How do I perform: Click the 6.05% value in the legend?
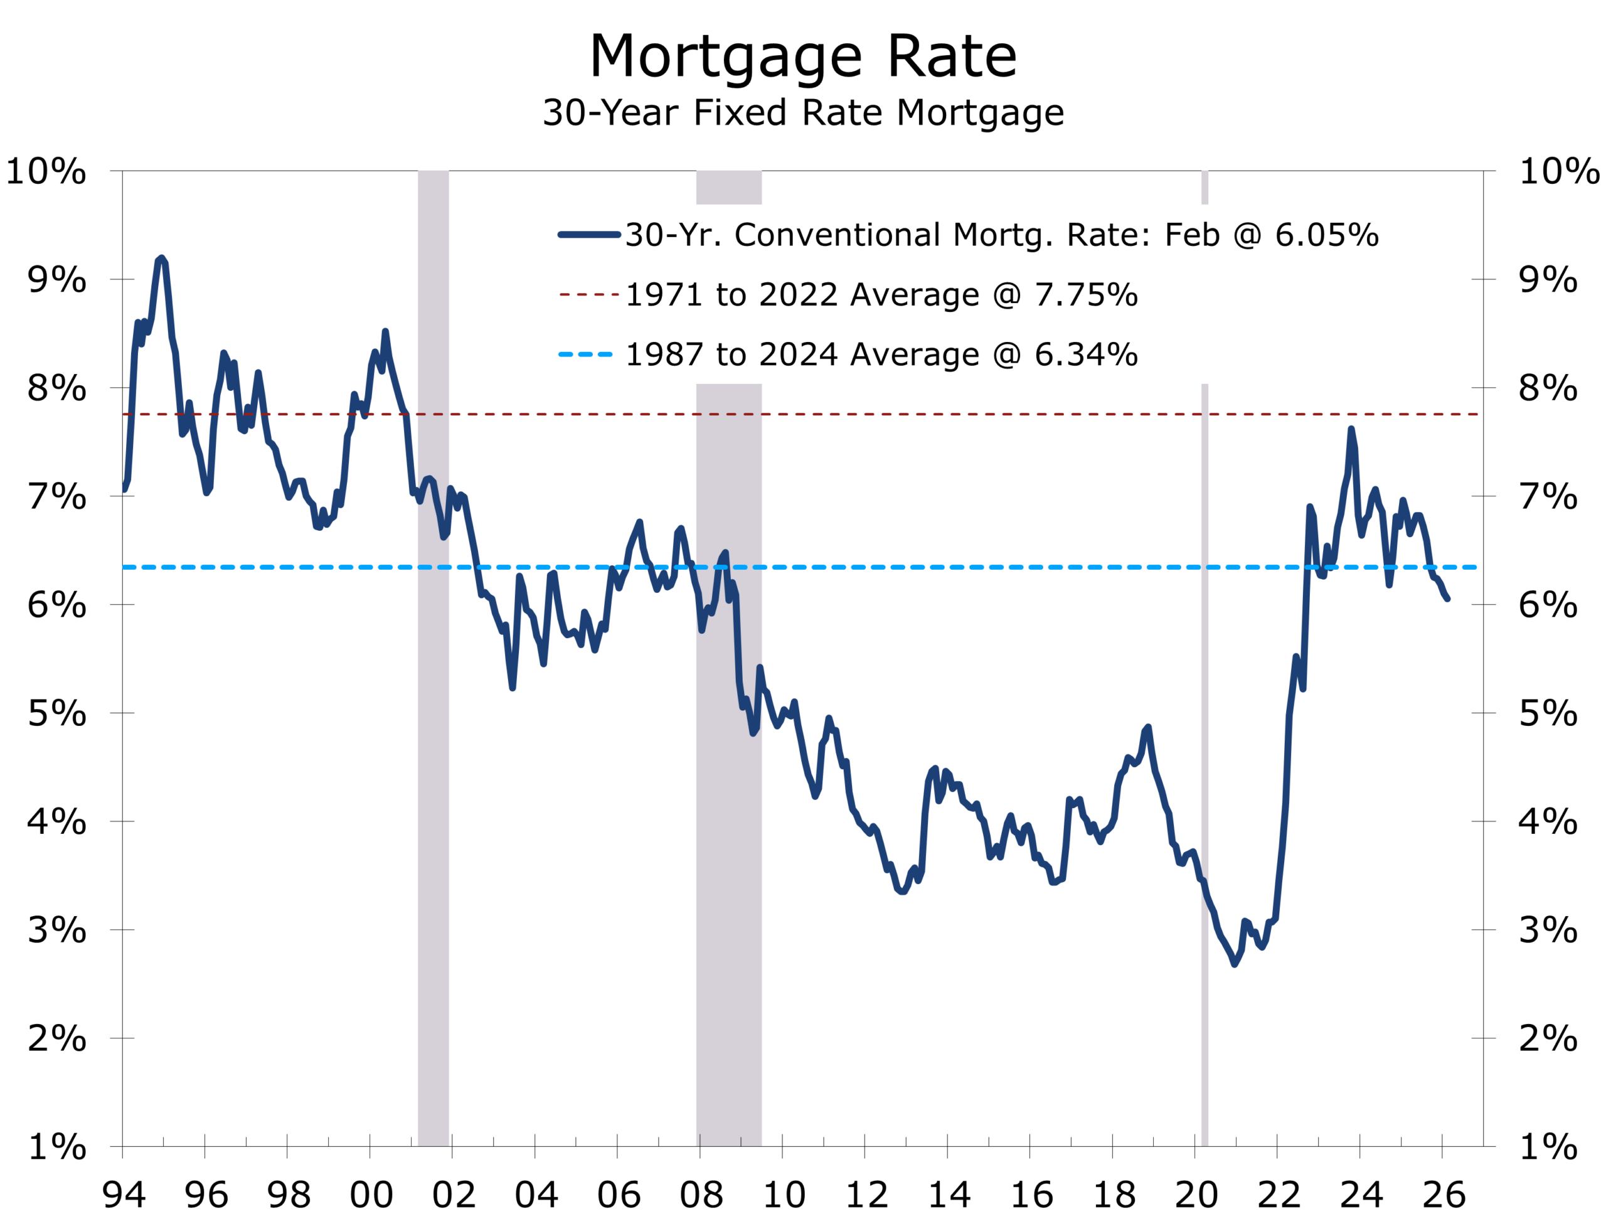pos(1327,235)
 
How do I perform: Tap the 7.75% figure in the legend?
pos(1086,296)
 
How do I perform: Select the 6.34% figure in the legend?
pos(1086,355)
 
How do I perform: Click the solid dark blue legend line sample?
pos(589,235)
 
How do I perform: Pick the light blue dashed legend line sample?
pos(585,355)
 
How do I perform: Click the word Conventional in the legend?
pos(838,235)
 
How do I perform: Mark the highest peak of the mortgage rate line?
pos(161,258)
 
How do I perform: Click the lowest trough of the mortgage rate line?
pos(1235,964)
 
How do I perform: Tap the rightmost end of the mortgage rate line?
pos(1448,599)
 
